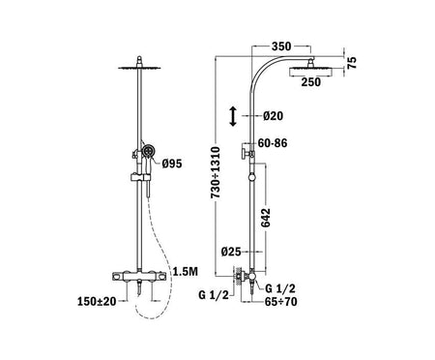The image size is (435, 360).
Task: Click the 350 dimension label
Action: point(281,46)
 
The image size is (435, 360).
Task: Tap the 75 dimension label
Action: point(353,62)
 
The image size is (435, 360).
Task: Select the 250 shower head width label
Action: point(311,82)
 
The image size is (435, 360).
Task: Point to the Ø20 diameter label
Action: point(273,115)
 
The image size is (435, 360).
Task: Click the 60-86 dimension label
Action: point(273,143)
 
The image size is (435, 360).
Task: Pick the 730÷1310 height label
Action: point(216,172)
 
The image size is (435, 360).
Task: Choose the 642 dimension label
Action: point(266,218)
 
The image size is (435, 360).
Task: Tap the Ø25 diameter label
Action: point(231,252)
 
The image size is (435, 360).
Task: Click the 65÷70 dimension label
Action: point(281,302)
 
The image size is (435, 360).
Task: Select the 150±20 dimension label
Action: point(97,301)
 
